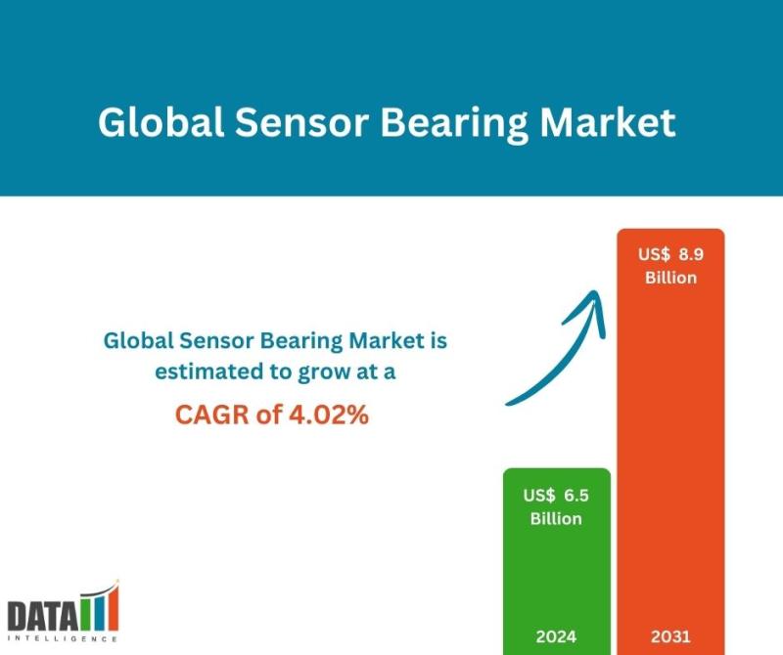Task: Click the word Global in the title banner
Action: tap(161, 122)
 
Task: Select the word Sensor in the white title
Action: tap(301, 123)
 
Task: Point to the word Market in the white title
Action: tap(608, 122)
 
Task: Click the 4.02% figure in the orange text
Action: tap(329, 415)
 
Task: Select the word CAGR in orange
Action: tap(211, 415)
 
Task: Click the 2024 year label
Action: tap(556, 636)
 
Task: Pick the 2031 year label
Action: tap(670, 636)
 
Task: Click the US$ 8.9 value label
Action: tap(670, 254)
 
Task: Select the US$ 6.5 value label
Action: tap(556, 496)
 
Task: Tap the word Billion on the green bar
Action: tap(556, 519)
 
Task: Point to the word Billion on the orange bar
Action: tap(670, 278)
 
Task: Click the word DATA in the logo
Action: tap(43, 616)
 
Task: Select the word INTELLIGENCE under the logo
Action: tap(63, 639)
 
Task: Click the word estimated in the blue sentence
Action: tap(209, 372)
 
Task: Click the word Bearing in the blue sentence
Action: tap(301, 342)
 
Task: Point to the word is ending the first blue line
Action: tap(438, 341)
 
